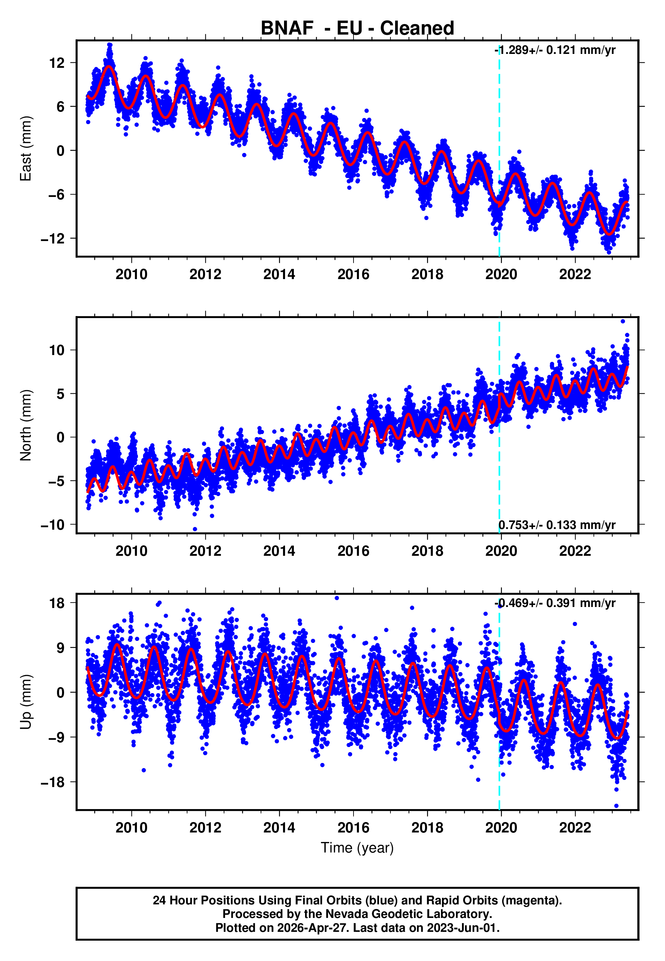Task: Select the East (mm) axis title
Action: coord(26,149)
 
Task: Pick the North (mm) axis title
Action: coord(26,425)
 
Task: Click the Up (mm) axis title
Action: coord(26,702)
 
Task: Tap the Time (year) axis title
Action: coord(357,848)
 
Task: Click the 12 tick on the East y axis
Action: coord(57,63)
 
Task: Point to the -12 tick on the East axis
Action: coord(53,239)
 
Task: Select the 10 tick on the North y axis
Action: coord(57,350)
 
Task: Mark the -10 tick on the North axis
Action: coord(53,525)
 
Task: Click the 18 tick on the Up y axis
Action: coord(57,603)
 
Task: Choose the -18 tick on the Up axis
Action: coord(53,782)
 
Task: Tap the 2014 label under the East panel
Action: coord(279,274)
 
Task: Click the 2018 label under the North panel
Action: coord(427,551)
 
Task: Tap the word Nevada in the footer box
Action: coord(347,914)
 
